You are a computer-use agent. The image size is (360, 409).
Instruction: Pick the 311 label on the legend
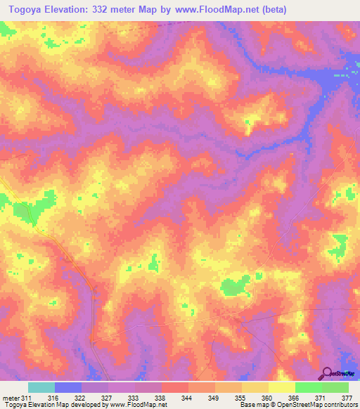tap(27, 398)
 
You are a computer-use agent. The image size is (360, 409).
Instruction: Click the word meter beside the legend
tap(10, 398)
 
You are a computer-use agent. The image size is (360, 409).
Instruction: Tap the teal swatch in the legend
tap(41, 387)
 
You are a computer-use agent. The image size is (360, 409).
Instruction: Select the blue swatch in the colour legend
tap(68, 387)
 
